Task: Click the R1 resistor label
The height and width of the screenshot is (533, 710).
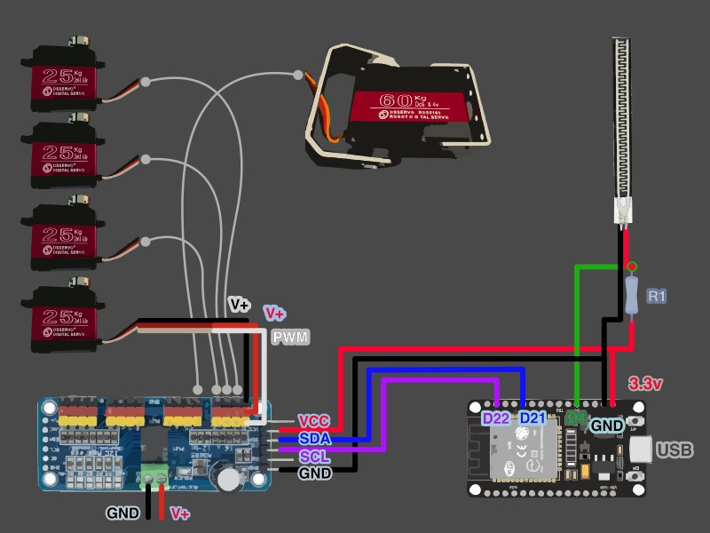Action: (656, 296)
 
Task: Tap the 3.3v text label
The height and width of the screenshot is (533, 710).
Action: (648, 384)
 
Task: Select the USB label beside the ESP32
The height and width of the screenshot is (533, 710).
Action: (674, 450)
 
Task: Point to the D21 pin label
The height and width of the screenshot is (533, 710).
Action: (532, 418)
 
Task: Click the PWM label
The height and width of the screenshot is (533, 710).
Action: (289, 338)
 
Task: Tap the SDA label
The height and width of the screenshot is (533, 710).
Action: (315, 439)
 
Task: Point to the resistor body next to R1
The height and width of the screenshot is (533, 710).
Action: (631, 296)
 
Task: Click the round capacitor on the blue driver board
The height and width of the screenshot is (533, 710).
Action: (228, 479)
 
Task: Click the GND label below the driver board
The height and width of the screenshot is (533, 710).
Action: (122, 513)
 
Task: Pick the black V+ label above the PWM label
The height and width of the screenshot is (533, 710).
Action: (240, 305)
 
